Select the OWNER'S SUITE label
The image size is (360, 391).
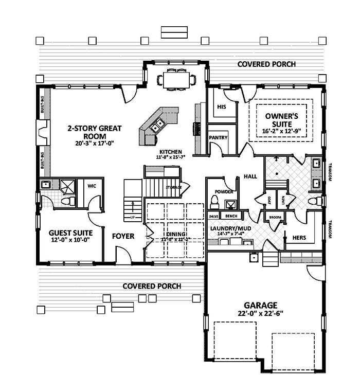tap(278, 120)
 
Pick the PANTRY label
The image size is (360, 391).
tap(218, 138)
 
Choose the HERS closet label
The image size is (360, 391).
tap(300, 238)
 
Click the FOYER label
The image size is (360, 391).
tap(123, 236)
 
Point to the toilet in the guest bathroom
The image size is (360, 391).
tap(65, 201)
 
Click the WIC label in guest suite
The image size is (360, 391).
tap(93, 186)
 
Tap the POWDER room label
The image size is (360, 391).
tap(224, 191)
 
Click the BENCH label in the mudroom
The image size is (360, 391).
tap(231, 217)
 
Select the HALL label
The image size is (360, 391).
tap(250, 176)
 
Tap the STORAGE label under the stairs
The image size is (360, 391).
tap(173, 188)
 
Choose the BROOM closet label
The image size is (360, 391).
tap(275, 218)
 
